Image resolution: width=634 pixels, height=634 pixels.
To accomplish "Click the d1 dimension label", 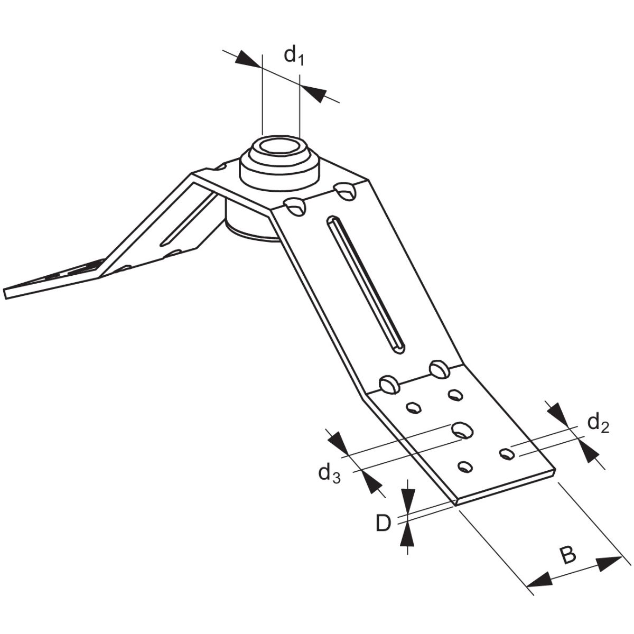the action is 293,56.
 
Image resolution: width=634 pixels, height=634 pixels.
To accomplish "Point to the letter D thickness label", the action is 383,524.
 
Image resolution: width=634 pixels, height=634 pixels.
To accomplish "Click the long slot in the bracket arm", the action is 365,285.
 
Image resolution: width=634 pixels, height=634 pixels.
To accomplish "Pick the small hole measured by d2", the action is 507,454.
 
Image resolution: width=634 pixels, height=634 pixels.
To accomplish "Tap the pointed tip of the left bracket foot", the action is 5,294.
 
